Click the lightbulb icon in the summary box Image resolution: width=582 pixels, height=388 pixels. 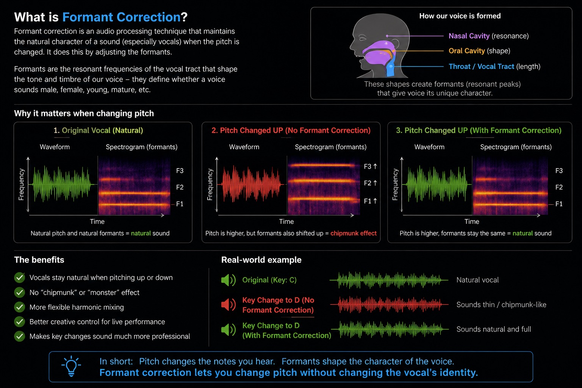coord(71,366)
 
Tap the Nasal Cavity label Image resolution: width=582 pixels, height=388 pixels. coord(469,36)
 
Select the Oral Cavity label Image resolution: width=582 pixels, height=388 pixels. coord(467,51)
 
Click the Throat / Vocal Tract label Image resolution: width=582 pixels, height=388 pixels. coord(481,67)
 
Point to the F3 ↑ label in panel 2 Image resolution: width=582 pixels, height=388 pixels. coord(370,166)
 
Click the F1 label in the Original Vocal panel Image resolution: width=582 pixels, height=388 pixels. coord(180,204)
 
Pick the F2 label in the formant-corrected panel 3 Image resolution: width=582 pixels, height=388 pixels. coord(559,187)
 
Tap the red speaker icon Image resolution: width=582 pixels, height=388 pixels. coord(228,304)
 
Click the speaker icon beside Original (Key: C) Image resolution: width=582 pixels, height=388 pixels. coord(228,280)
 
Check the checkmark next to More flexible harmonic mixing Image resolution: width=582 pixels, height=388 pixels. coord(19,307)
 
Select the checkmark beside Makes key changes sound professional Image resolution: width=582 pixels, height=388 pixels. coord(19,336)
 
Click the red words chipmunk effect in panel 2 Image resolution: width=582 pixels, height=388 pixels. coord(354,233)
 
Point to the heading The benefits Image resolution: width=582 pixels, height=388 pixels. coord(39,260)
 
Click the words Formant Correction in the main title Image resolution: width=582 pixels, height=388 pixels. coord(121,17)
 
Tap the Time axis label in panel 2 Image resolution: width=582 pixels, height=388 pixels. coord(286,221)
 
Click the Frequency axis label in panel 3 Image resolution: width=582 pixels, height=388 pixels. coord(395,185)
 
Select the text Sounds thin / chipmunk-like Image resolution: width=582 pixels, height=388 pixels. coord(501,305)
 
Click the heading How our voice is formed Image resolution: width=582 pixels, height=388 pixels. coord(460,16)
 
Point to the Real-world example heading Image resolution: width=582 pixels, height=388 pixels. coord(261,260)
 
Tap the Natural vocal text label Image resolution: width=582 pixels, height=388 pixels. coord(477,280)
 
